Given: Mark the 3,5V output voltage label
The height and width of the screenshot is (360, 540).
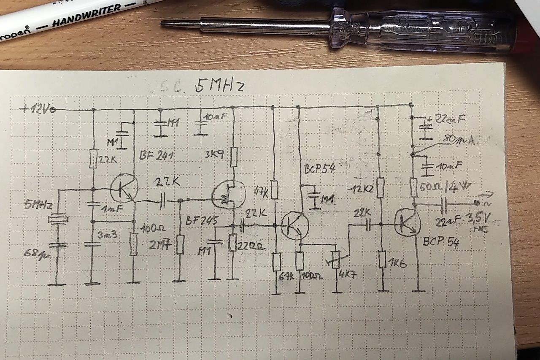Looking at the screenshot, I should click(x=481, y=218).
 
